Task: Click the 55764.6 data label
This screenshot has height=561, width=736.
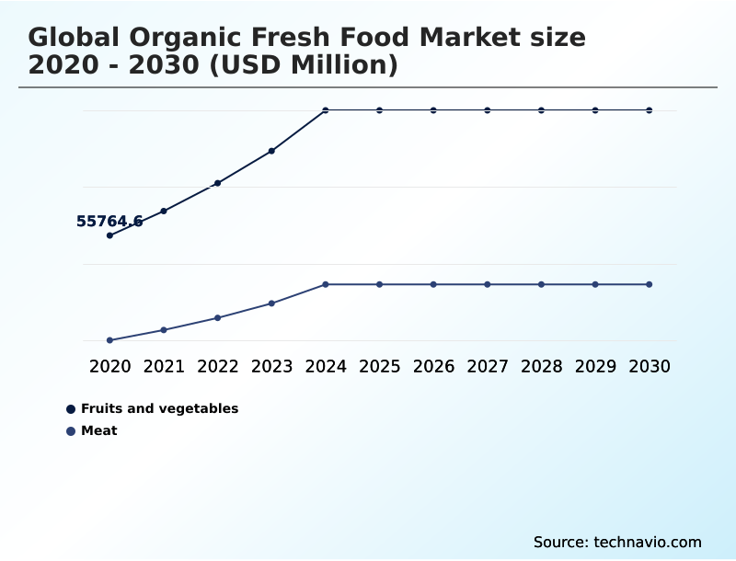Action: (109, 222)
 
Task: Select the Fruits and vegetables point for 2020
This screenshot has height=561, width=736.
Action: (110, 235)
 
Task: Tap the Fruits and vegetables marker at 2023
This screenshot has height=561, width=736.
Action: (271, 151)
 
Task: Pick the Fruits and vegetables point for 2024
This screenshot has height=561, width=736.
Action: (326, 110)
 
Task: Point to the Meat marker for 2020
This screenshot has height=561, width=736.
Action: (110, 340)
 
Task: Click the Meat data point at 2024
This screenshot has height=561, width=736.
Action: (326, 284)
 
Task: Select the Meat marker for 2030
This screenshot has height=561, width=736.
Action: (649, 284)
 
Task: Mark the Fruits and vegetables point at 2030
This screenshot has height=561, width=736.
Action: (649, 110)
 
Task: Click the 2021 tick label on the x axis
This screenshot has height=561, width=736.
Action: (164, 367)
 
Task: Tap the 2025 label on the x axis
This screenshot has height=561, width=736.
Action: (379, 367)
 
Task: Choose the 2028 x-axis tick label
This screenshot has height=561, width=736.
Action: (541, 367)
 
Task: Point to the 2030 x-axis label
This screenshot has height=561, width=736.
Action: (649, 367)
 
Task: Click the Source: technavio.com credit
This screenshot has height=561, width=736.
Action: (617, 543)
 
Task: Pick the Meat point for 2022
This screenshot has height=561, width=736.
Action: (218, 318)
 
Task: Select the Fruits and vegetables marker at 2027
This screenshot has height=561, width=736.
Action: (488, 110)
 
